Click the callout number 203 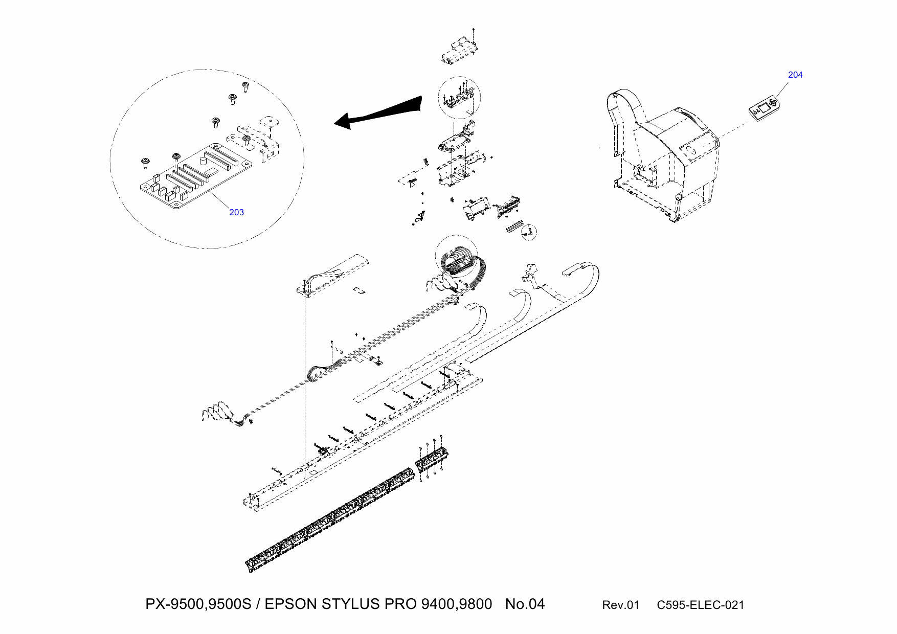click(x=236, y=212)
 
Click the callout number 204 click(x=795, y=75)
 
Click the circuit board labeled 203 click(x=194, y=176)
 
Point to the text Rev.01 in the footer click(x=620, y=605)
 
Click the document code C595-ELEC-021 click(x=700, y=605)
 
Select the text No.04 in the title click(x=525, y=604)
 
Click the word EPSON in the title click(x=290, y=604)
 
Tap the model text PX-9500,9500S click(x=198, y=604)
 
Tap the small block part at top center click(x=459, y=51)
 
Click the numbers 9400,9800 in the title click(x=457, y=604)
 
